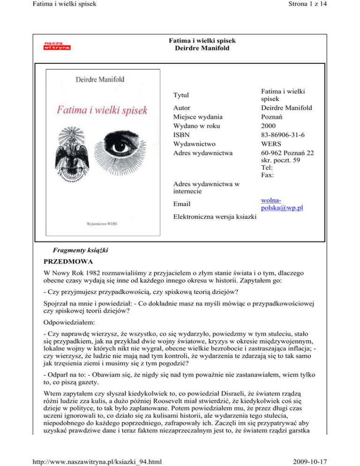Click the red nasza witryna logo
(57, 45)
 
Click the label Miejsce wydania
(197, 117)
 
